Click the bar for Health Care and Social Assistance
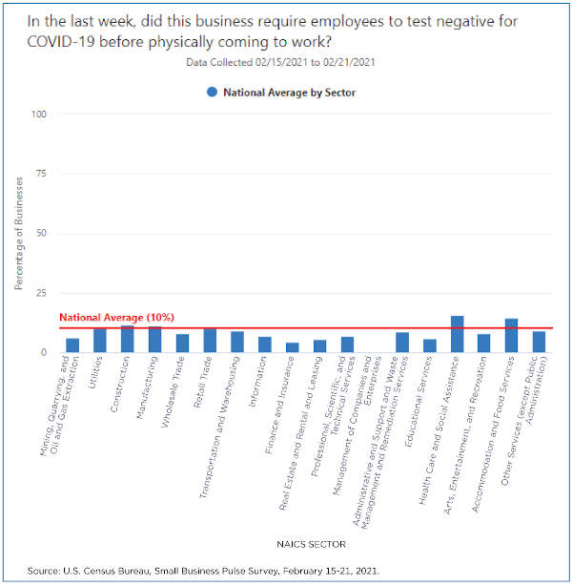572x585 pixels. click(x=458, y=335)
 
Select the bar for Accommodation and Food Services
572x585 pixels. click(x=512, y=336)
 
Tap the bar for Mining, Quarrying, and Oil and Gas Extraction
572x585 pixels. click(x=72, y=345)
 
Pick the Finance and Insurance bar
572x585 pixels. click(x=293, y=347)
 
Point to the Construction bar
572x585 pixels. click(x=128, y=340)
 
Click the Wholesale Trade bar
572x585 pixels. click(x=182, y=344)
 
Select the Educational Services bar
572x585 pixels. click(x=430, y=346)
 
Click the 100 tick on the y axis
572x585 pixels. click(x=40, y=115)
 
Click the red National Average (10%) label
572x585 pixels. click(x=116, y=317)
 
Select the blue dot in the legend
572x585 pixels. click(x=210, y=93)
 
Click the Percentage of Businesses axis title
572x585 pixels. click(x=19, y=233)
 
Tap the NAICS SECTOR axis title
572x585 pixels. click(x=304, y=542)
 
